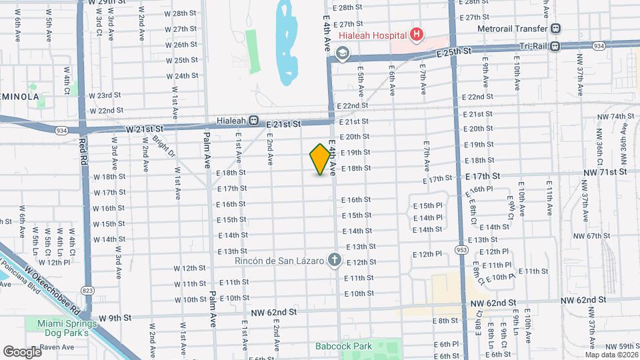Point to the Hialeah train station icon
tap(253, 121)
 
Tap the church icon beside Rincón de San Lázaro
tap(334, 260)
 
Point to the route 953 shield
tap(461, 249)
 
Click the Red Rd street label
tap(83, 151)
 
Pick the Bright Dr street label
tap(163, 148)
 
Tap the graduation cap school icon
tap(343, 53)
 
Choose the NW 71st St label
tap(605, 172)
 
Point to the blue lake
tap(287, 43)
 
